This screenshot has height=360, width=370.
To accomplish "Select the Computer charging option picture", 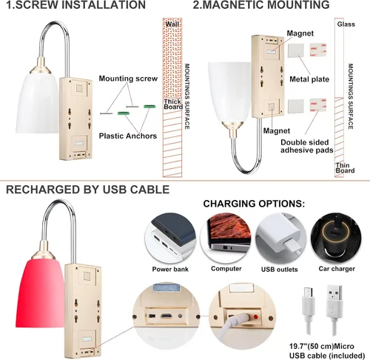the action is [226, 238].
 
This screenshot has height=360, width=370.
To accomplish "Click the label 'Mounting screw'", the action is [128, 79].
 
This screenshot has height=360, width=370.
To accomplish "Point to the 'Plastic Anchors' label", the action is [128, 136].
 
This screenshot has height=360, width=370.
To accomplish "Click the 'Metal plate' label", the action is [309, 79].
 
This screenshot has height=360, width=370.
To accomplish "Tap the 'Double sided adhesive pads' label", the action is [306, 146].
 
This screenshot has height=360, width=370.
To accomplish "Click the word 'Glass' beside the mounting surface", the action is [346, 24].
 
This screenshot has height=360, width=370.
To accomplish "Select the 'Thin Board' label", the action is [345, 168].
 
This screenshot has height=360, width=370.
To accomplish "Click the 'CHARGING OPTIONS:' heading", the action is [254, 204].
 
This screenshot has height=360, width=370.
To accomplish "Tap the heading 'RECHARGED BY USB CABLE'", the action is [87, 190].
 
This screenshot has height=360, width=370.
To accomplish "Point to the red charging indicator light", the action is [256, 317].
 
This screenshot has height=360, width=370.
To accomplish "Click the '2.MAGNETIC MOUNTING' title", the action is [261, 4].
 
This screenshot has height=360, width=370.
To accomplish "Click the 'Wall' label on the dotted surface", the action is [172, 24].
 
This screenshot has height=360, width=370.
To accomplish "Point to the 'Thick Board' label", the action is [173, 104].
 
